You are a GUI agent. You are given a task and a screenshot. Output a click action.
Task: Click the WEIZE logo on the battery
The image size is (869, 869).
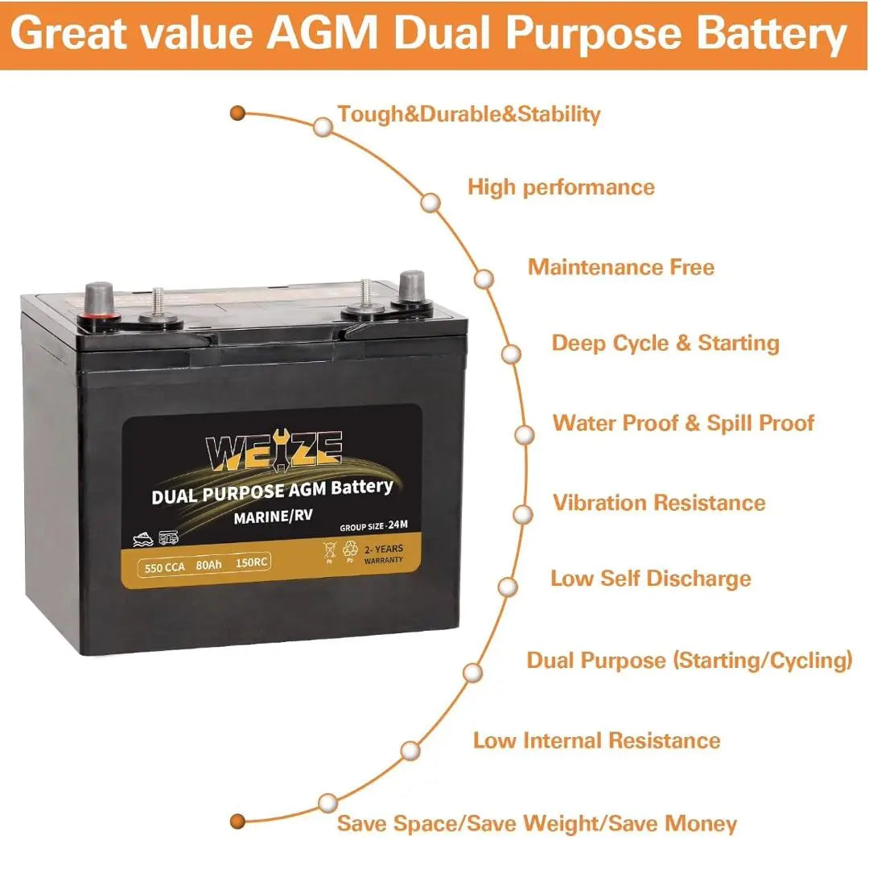click(274, 450)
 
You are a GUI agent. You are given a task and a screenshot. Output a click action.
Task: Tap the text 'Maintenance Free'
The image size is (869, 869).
click(620, 267)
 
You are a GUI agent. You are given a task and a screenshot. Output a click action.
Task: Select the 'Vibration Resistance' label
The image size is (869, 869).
click(659, 503)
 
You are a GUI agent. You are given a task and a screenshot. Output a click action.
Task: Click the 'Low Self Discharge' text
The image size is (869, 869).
click(650, 579)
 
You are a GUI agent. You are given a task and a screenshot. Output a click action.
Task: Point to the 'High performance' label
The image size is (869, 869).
click(561, 187)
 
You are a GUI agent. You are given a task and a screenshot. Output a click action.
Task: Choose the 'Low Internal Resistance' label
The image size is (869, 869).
click(596, 740)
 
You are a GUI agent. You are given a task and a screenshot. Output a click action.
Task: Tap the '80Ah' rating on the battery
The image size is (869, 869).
click(208, 566)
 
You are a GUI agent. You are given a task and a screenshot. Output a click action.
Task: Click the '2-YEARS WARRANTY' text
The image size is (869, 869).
click(383, 553)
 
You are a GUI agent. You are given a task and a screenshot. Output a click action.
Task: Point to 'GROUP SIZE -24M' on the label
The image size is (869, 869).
click(373, 526)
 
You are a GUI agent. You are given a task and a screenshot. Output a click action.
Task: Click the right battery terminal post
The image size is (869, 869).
click(412, 286)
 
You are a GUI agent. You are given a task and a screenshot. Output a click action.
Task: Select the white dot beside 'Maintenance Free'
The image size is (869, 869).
click(484, 278)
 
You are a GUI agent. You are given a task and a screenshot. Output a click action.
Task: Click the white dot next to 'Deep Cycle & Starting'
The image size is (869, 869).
click(511, 354)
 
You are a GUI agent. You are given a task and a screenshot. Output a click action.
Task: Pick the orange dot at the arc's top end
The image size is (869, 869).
click(237, 113)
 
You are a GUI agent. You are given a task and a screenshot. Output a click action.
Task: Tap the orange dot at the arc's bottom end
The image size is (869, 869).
click(237, 822)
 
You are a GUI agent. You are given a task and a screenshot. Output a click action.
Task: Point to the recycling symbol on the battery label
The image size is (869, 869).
click(350, 550)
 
